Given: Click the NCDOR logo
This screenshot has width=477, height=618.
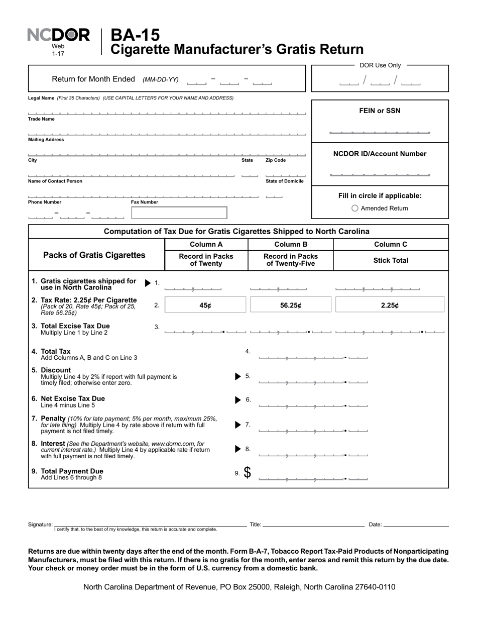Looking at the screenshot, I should (x=58, y=35).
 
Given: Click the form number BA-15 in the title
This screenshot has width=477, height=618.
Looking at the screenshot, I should (x=135, y=35).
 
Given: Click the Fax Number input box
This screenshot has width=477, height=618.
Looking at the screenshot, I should (x=179, y=213).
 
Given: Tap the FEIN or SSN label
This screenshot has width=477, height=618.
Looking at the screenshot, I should (x=380, y=111).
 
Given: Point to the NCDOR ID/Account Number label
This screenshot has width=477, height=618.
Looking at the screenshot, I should (x=380, y=154).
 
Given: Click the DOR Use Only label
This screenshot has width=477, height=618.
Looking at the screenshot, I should (x=380, y=65).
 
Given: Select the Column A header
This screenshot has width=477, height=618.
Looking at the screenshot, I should (x=206, y=244).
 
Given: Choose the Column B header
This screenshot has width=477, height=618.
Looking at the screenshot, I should (x=290, y=244).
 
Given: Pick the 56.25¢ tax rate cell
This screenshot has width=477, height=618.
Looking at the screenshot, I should (x=290, y=305).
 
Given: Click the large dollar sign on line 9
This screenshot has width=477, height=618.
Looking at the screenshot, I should (x=248, y=472).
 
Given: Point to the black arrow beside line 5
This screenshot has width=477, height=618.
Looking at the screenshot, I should (x=238, y=376).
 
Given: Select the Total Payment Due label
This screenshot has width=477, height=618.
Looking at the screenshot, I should (x=72, y=471).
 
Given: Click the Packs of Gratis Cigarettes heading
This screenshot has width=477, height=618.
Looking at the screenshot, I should (x=94, y=255).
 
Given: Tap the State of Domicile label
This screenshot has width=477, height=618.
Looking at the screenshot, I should (x=284, y=181).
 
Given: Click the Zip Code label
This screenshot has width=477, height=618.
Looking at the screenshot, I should (x=276, y=160).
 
